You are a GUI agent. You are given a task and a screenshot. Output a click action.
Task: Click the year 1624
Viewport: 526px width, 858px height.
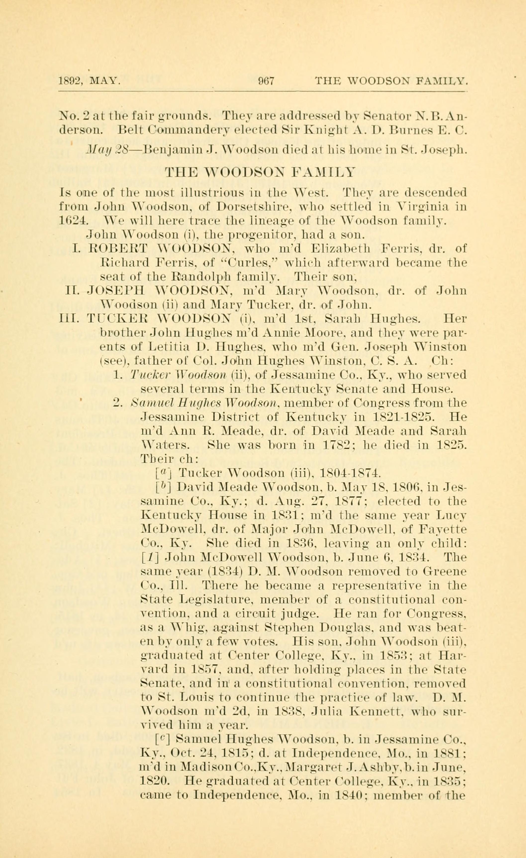[71, 221]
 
